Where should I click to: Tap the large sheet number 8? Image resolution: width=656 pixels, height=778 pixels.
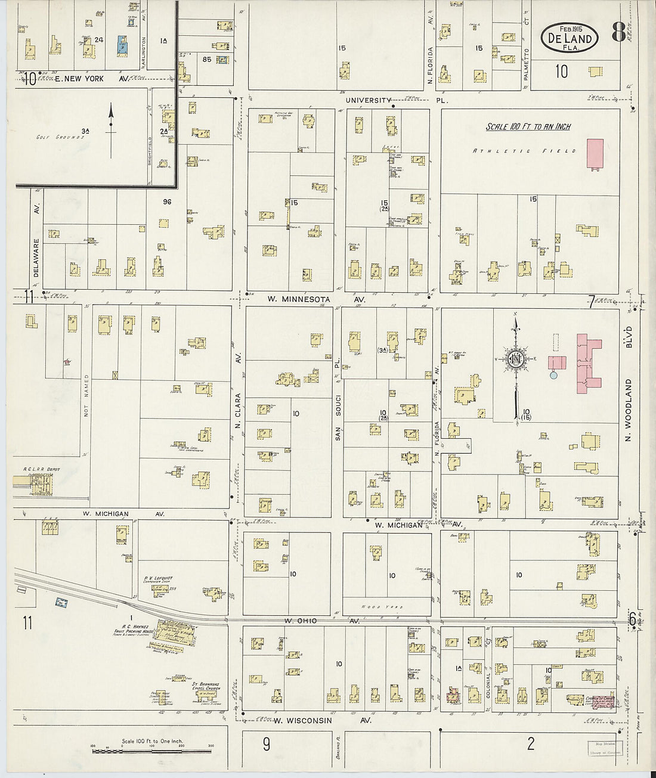(618, 34)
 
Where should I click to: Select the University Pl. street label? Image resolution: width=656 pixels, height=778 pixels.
(369, 100)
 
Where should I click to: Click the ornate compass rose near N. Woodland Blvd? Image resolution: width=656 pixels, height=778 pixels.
(515, 359)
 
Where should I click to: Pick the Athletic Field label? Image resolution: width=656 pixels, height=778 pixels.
(524, 151)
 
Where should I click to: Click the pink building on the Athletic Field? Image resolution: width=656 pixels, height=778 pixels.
(595, 154)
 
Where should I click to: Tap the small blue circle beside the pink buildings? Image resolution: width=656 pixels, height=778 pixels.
(553, 375)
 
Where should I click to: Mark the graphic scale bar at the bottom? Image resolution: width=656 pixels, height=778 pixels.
(151, 751)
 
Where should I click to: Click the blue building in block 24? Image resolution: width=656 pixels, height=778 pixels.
(123, 44)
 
